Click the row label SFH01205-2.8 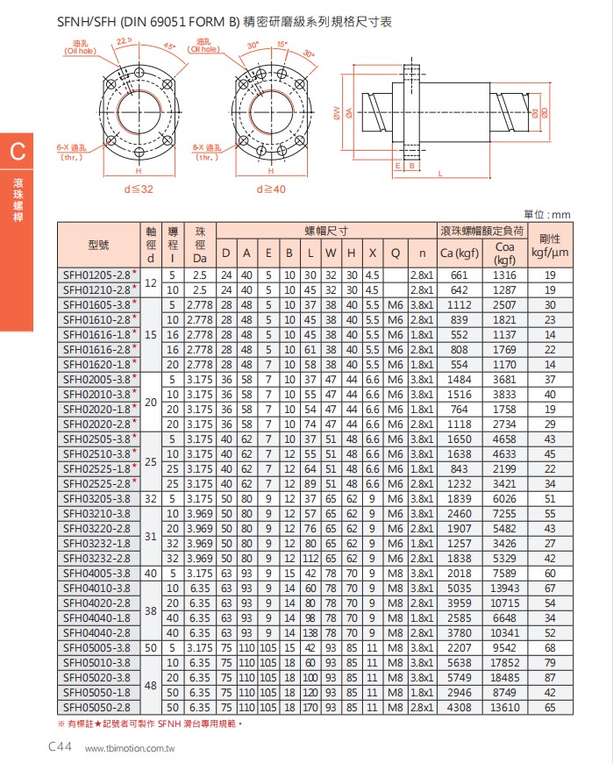95,275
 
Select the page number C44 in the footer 59,746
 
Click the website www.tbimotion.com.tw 131,748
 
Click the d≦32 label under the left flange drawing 138,188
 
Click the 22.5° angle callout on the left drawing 123,41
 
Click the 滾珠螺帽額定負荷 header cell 481,231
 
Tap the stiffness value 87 550,678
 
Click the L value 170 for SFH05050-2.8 310,705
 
